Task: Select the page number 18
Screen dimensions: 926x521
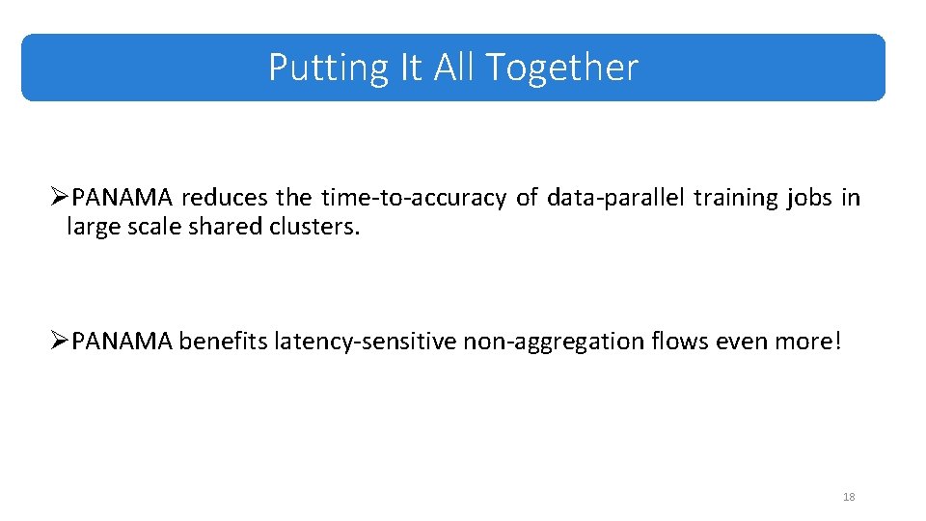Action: coord(849,497)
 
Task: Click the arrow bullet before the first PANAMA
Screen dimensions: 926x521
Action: coord(61,198)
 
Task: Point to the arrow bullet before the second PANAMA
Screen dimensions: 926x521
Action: coord(61,341)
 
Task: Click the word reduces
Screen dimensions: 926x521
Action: coord(225,198)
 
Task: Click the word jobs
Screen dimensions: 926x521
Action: coord(808,198)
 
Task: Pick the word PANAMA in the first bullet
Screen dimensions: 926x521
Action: coord(123,198)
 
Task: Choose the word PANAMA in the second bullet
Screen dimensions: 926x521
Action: coord(123,341)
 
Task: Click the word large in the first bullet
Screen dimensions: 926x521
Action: coord(90,228)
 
